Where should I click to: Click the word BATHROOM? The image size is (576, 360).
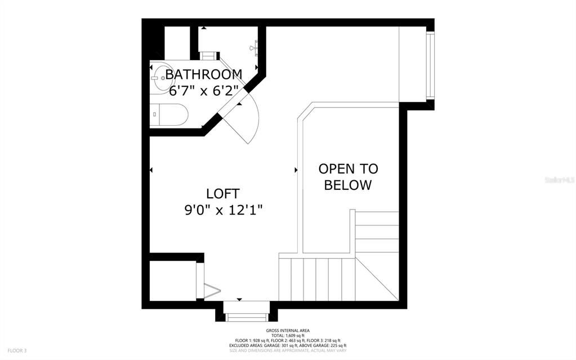coord(204,74)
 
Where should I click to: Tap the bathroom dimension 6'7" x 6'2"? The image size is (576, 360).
coord(204,90)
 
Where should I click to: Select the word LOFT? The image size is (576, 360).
coord(223,194)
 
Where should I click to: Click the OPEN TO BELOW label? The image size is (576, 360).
coord(348,177)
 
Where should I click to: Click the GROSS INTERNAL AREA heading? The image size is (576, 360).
coord(288,331)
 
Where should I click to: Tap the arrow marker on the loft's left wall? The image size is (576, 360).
coord(151,169)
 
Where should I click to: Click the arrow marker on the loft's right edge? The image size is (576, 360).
coord(296,169)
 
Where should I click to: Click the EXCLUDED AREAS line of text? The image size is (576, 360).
coord(288,345)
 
